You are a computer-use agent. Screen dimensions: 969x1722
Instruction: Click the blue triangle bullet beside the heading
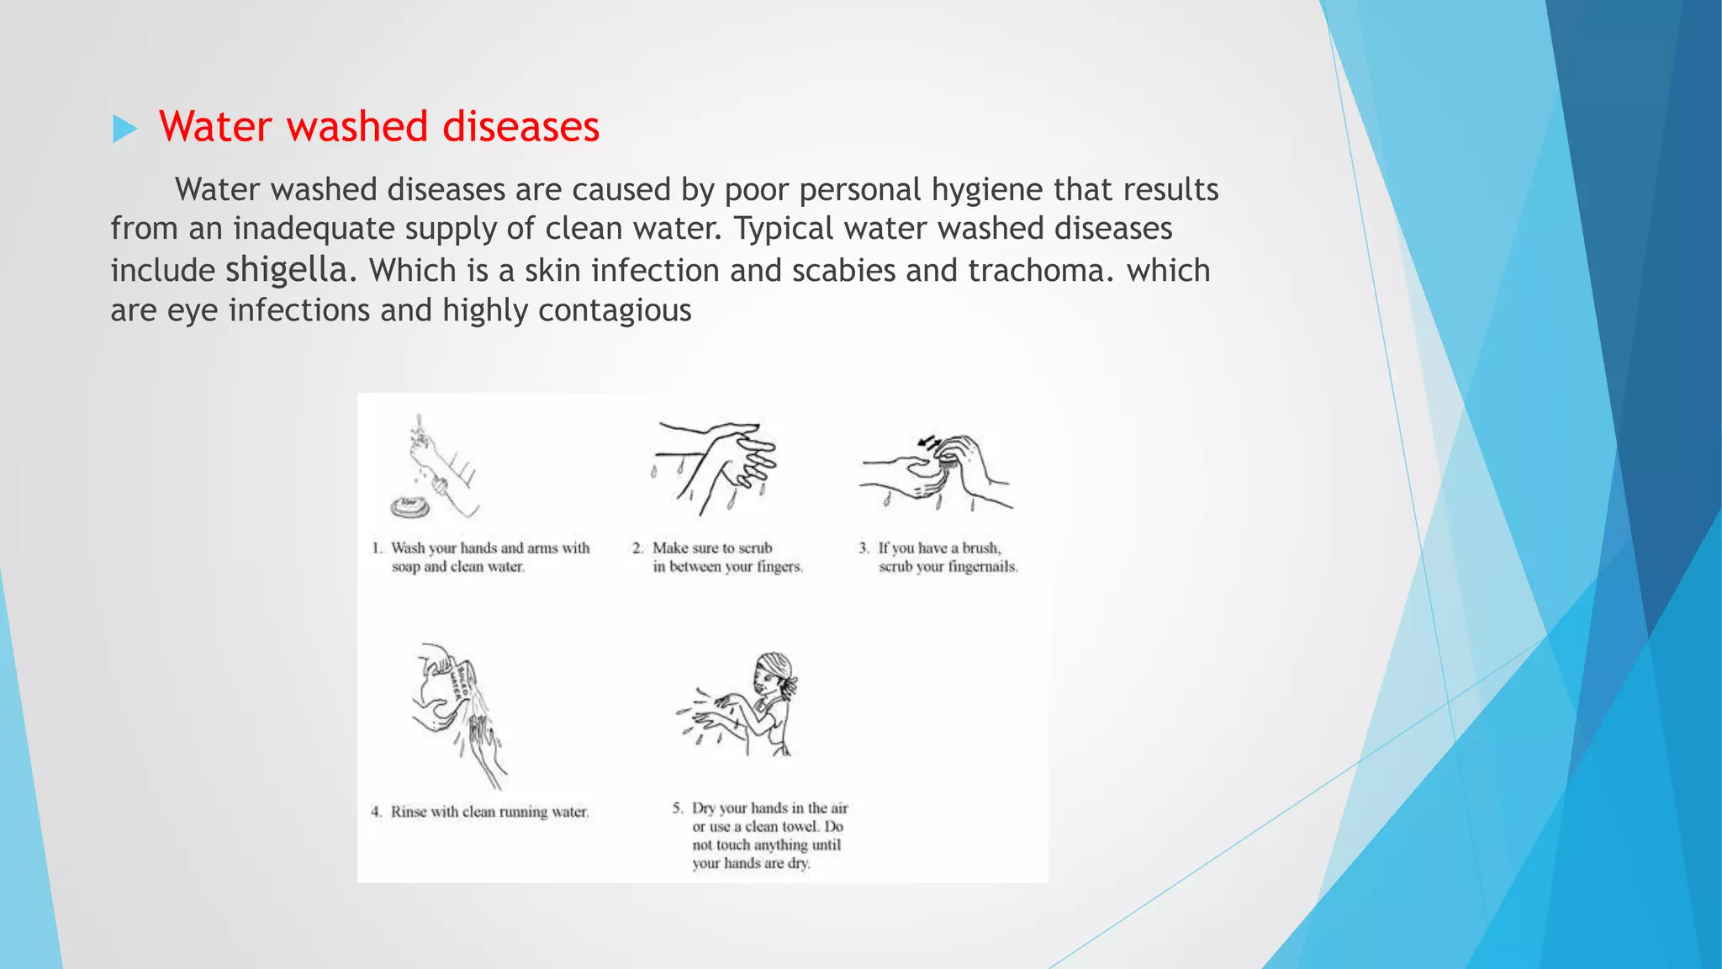(x=124, y=129)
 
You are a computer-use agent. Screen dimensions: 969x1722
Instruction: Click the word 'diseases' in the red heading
(x=520, y=127)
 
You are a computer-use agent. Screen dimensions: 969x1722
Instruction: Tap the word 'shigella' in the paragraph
(x=286, y=269)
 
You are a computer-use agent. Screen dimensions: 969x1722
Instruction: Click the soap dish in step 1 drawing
(x=409, y=506)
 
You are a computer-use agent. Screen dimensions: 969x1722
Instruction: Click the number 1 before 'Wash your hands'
(x=377, y=548)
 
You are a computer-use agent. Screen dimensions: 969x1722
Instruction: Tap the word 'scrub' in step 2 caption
(x=755, y=548)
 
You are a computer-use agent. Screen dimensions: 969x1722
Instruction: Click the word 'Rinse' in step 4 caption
(x=409, y=812)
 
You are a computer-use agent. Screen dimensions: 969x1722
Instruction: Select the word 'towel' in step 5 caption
(x=800, y=826)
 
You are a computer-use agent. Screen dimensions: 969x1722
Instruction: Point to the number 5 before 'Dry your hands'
(x=677, y=807)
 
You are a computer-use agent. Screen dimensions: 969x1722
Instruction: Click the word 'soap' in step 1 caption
(x=405, y=567)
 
